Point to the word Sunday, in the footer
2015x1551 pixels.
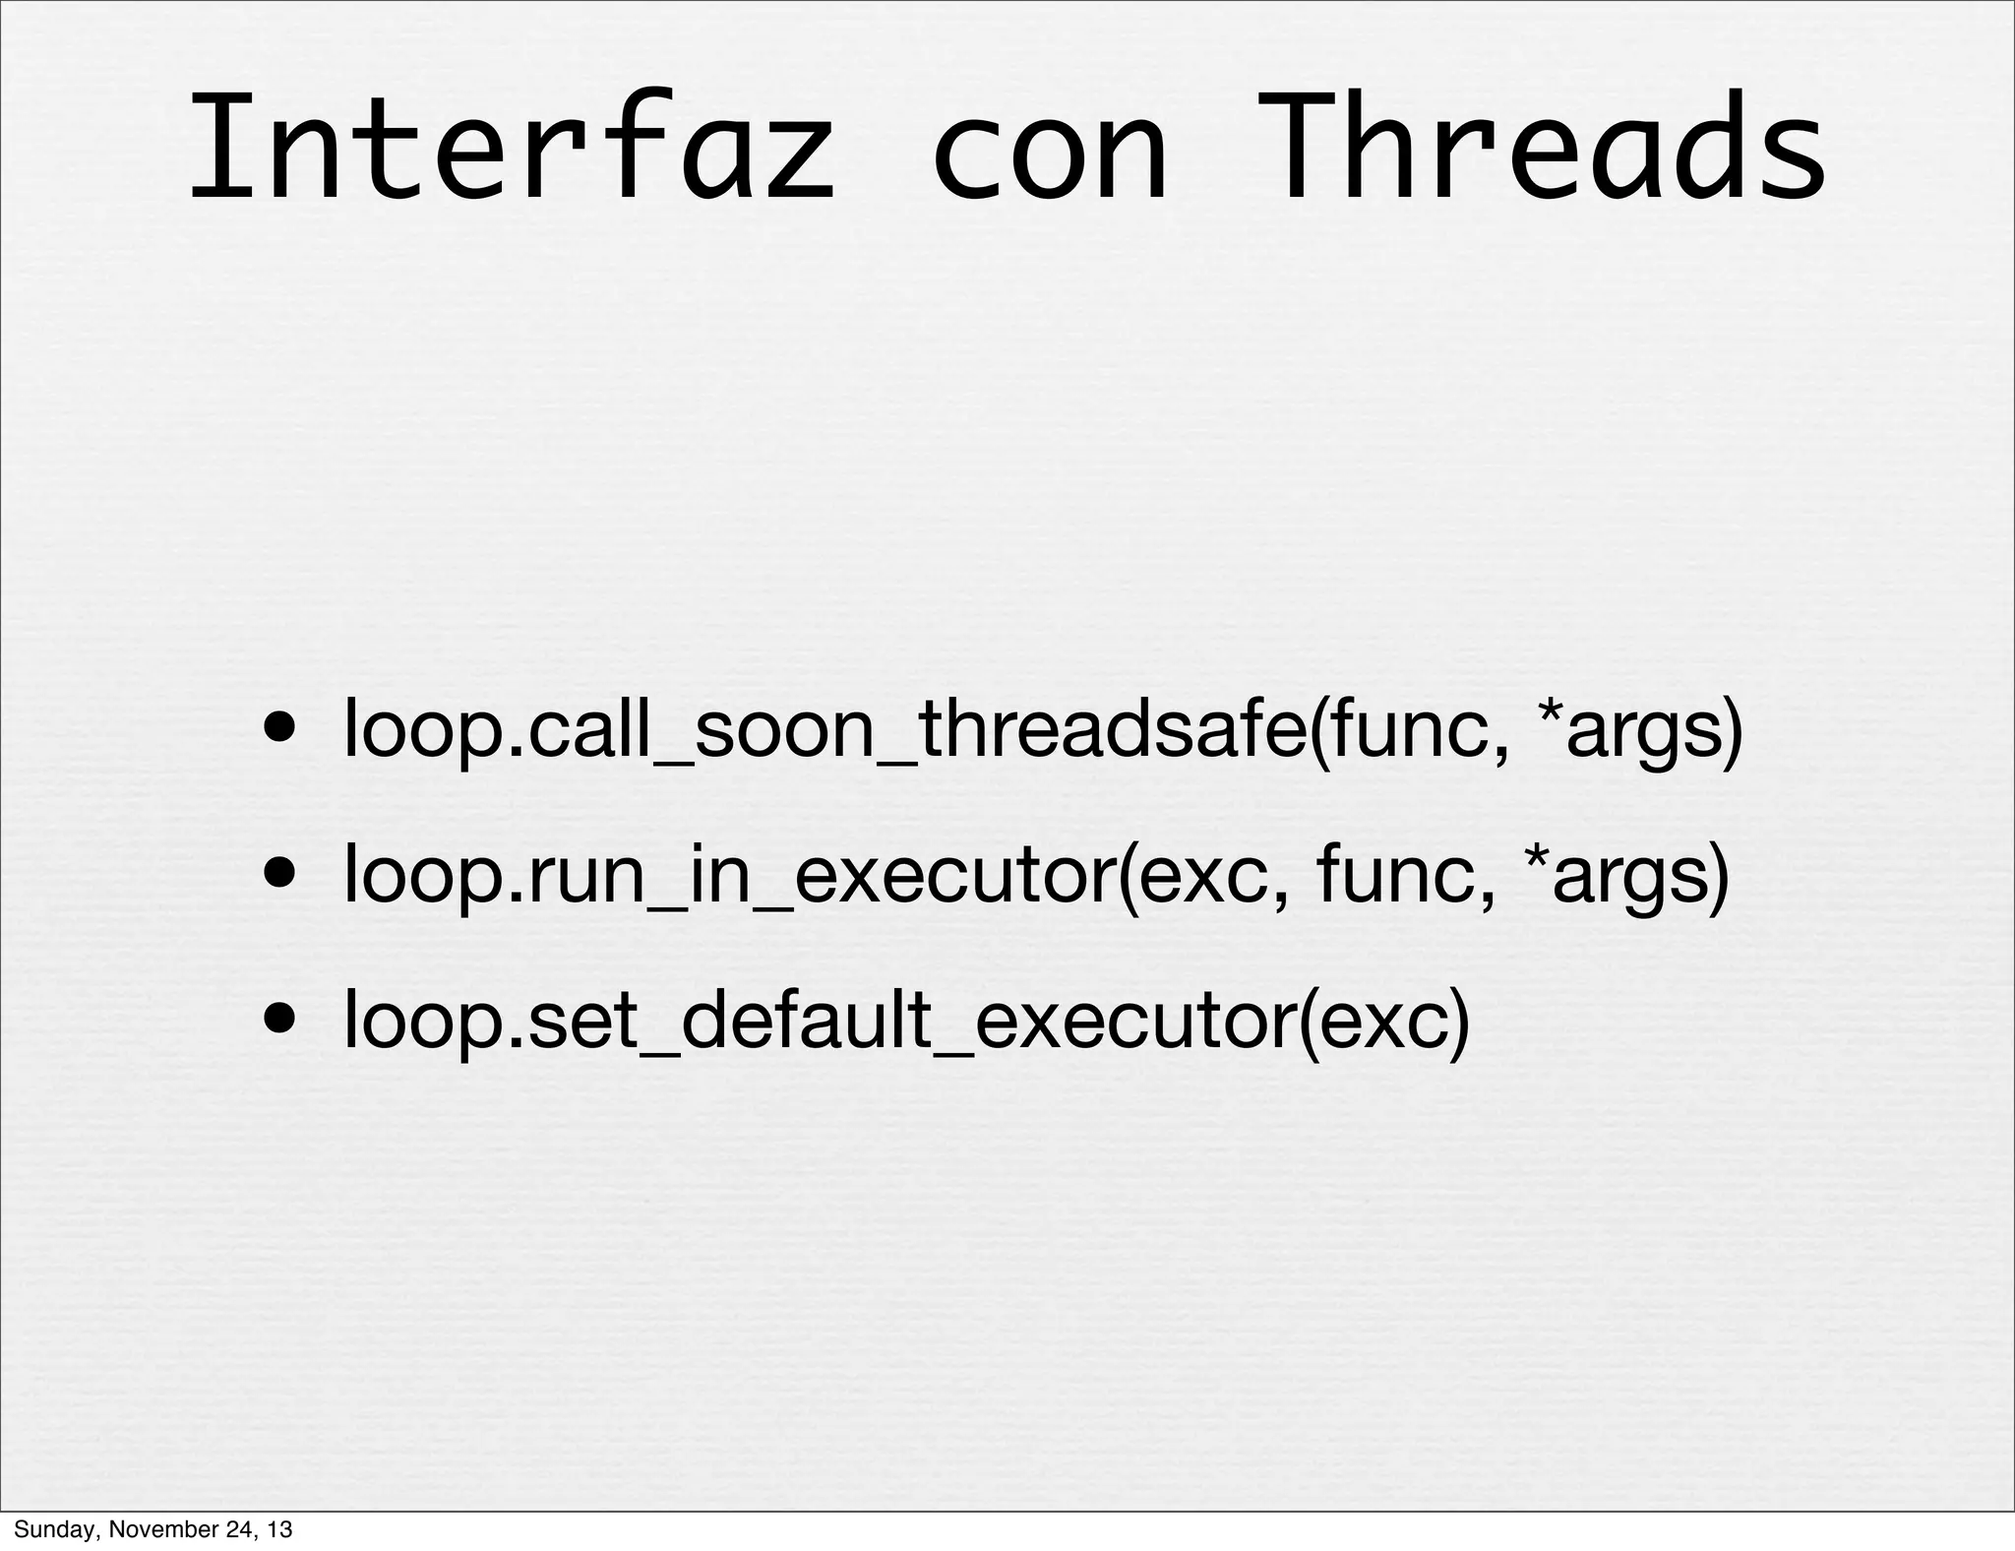54,1529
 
